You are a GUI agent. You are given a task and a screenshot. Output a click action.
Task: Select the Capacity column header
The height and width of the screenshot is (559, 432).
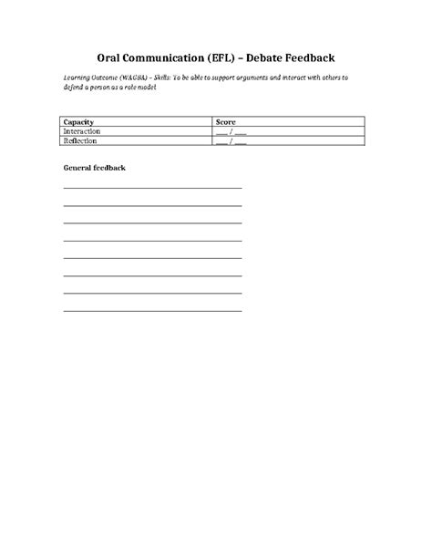(x=78, y=121)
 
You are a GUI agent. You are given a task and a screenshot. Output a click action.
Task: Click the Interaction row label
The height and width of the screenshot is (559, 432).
(x=82, y=131)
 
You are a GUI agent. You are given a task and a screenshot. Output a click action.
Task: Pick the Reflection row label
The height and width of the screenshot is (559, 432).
(x=81, y=140)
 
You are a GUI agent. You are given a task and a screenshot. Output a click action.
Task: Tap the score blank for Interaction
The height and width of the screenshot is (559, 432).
(x=231, y=131)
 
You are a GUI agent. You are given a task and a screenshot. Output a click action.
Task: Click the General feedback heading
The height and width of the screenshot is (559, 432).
(x=94, y=169)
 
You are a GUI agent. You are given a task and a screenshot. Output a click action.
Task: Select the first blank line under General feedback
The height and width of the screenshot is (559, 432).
(x=152, y=188)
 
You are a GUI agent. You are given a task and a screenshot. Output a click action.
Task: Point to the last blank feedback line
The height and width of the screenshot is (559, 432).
(x=152, y=311)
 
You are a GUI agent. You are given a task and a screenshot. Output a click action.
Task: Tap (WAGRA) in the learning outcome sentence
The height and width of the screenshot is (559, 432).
(x=139, y=78)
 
